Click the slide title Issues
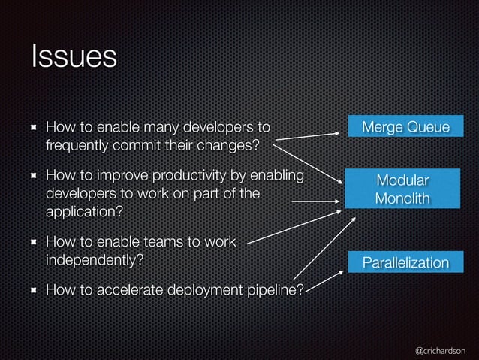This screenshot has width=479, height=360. tap(74, 58)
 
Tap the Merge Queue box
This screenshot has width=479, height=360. tap(405, 126)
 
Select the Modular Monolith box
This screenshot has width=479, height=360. tap(402, 189)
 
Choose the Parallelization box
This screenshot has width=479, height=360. tap(405, 262)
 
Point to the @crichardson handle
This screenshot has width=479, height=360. tap(440, 350)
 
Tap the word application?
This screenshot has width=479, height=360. tap(83, 211)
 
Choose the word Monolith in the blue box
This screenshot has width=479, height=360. tap(402, 198)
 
